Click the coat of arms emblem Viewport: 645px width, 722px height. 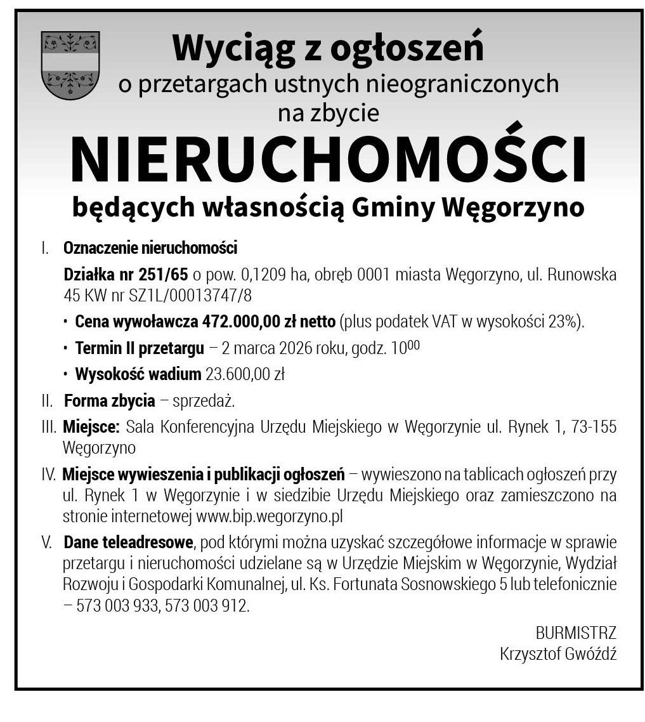[x=70, y=65]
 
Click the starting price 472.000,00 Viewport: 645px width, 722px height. [x=241, y=322]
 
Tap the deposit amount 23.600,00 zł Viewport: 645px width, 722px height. [x=245, y=374]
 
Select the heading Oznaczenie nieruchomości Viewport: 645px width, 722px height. [x=150, y=247]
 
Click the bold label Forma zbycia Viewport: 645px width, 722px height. [x=109, y=401]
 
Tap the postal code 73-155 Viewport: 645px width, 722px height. [x=594, y=427]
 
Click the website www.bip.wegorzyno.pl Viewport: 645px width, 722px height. [x=270, y=516]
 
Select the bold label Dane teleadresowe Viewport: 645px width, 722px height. [x=128, y=542]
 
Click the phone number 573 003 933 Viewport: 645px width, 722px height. [x=117, y=606]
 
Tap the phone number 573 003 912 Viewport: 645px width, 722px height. [x=205, y=606]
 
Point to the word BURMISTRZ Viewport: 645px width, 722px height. [x=575, y=633]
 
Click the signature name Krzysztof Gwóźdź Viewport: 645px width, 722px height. [x=557, y=653]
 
